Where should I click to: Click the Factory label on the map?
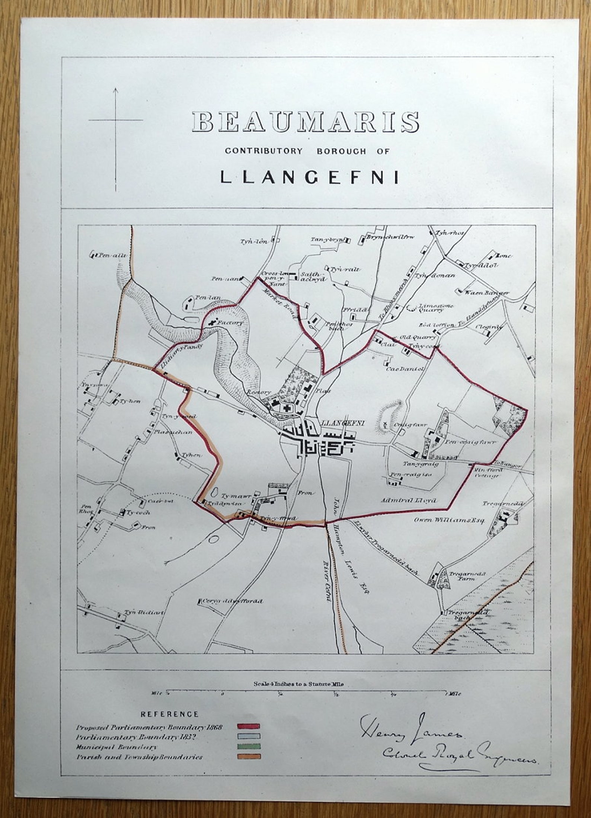click(230, 323)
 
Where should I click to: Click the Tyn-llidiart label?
click(144, 612)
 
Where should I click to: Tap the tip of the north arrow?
click(115, 89)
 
